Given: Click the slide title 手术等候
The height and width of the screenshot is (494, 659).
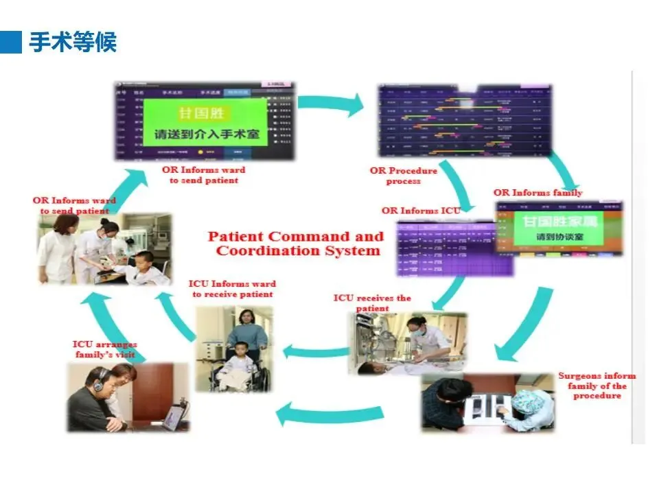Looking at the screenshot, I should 73,43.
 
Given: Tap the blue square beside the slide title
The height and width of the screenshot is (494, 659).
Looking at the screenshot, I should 12,42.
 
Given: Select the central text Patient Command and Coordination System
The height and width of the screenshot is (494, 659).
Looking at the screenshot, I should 296,244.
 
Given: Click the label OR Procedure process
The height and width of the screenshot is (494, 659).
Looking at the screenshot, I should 403,176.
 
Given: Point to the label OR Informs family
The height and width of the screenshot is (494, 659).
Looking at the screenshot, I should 537,192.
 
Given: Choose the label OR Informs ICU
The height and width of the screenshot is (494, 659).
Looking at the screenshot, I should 421,210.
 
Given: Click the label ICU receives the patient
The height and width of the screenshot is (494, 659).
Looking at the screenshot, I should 372,303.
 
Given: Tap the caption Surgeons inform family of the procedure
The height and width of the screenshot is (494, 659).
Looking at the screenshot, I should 597,386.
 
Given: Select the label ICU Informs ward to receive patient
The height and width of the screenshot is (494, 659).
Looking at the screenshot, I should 233,289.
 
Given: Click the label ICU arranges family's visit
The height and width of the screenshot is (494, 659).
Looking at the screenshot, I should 105,349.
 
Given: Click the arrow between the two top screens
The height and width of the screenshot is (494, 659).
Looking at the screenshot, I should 332,102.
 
